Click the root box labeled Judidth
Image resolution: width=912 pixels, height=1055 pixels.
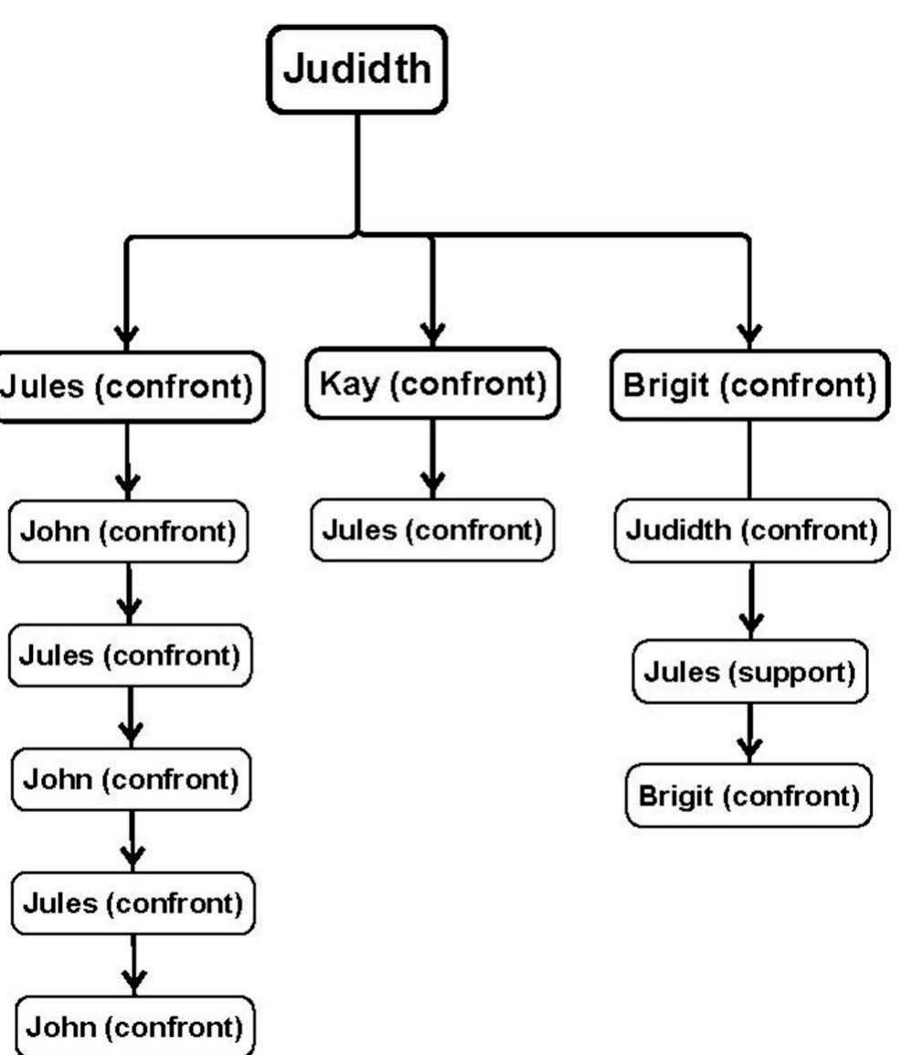[x=356, y=69]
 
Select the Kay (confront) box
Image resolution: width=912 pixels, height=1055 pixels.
[x=432, y=384]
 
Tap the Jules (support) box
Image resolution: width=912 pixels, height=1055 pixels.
[x=749, y=672]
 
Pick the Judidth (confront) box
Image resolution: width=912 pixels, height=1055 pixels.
[x=750, y=530]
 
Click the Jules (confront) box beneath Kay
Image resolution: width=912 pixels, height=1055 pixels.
[x=432, y=530]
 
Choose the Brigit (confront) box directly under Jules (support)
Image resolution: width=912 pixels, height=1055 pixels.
[x=748, y=795]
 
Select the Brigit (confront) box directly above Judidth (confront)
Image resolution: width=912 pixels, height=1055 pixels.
[x=748, y=385]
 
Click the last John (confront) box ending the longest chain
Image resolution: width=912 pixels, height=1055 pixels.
[x=133, y=1027]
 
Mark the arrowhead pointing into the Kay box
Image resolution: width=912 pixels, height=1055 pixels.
[x=432, y=331]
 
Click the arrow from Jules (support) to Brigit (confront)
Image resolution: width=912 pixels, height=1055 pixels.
[x=749, y=734]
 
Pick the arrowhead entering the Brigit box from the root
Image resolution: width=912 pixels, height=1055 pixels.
[x=748, y=334]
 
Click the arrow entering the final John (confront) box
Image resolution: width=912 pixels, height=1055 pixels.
[x=134, y=965]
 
